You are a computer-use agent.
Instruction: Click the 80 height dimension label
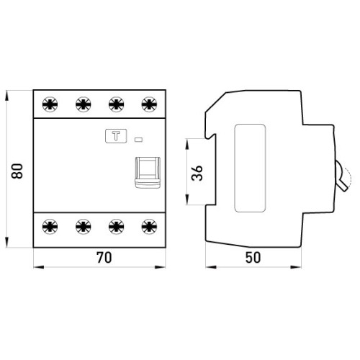[17, 171]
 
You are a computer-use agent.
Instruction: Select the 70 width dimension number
[104, 257]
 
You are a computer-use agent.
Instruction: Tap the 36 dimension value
[197, 173]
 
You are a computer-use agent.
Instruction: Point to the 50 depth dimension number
[253, 257]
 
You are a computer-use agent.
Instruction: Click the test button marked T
[116, 136]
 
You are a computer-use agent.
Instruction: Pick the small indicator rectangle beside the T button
[138, 140]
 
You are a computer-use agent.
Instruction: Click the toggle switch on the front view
[148, 172]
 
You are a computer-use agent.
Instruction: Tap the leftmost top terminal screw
[50, 104]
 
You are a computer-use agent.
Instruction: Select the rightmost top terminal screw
[149, 104]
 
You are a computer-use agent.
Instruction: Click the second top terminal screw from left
[84, 104]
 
